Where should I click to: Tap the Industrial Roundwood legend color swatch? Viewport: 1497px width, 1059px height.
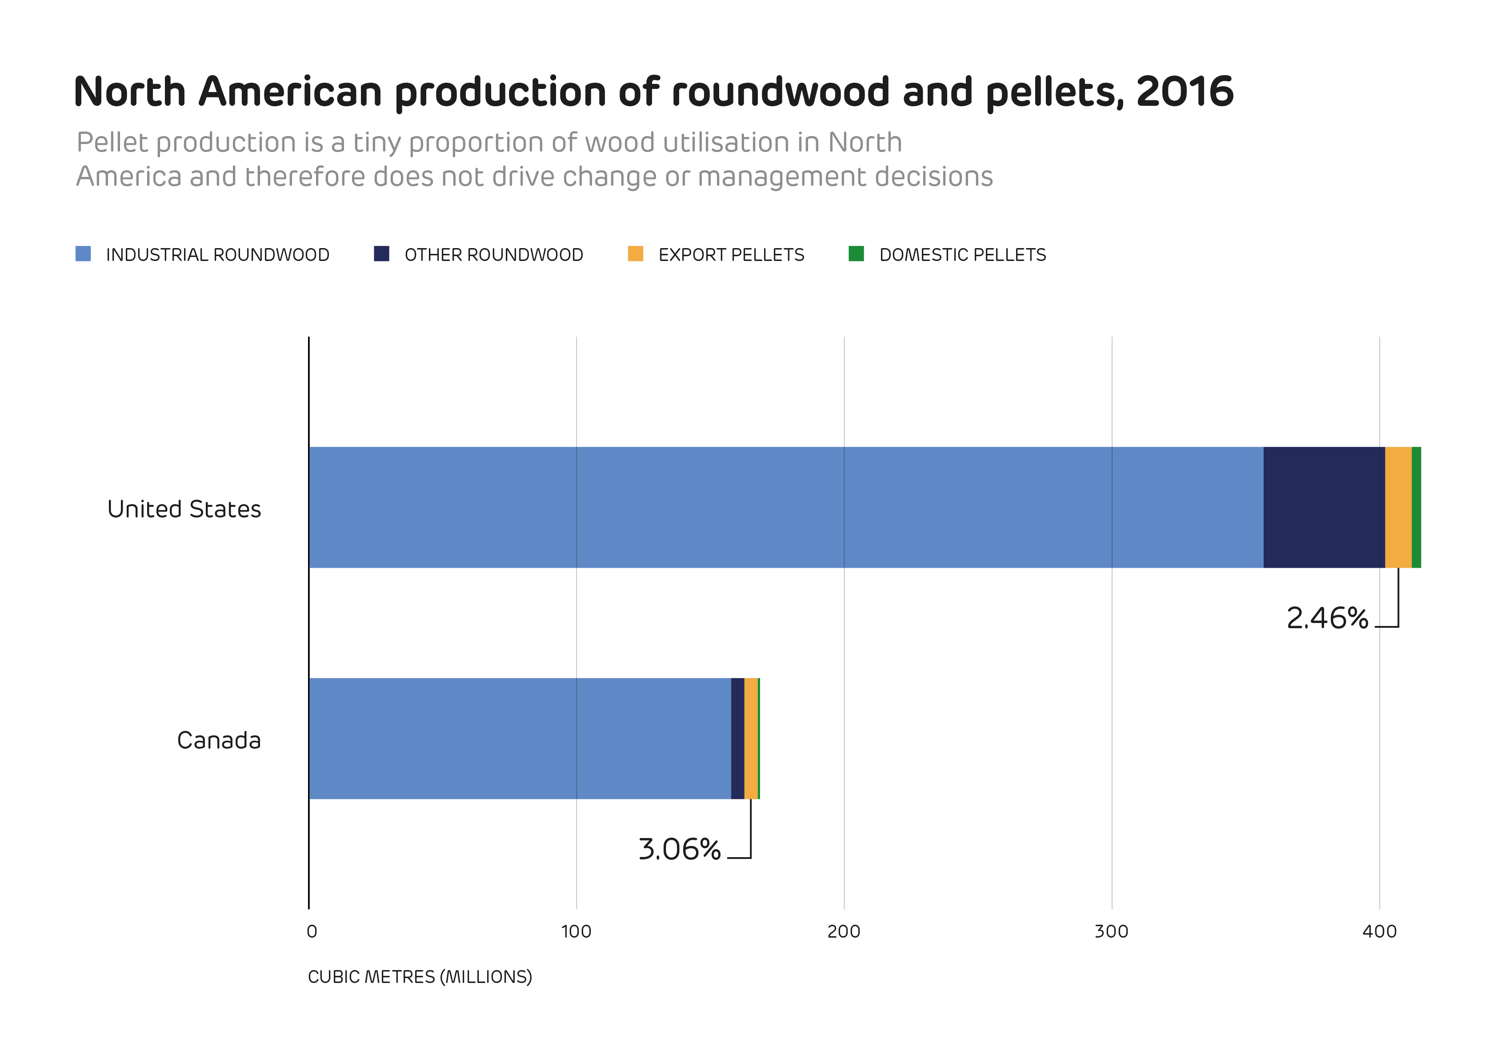tap(83, 254)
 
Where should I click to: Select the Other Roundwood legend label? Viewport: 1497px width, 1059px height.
tap(493, 255)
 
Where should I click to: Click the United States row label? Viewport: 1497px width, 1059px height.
tap(184, 509)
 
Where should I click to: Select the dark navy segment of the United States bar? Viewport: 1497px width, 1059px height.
tap(1324, 507)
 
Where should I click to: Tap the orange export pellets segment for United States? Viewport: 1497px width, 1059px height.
tap(1398, 507)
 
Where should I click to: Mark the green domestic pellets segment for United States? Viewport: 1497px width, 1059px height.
tap(1416, 507)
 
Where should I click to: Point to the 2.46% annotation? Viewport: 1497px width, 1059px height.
tap(1327, 618)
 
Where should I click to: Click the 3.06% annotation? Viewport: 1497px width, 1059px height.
tap(679, 849)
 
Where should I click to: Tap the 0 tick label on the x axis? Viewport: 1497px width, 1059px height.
tap(312, 931)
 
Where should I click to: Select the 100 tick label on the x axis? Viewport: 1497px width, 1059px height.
tap(576, 931)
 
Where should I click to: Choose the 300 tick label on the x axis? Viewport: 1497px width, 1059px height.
tap(1111, 931)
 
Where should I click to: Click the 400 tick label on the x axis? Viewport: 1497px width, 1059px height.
tap(1379, 931)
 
